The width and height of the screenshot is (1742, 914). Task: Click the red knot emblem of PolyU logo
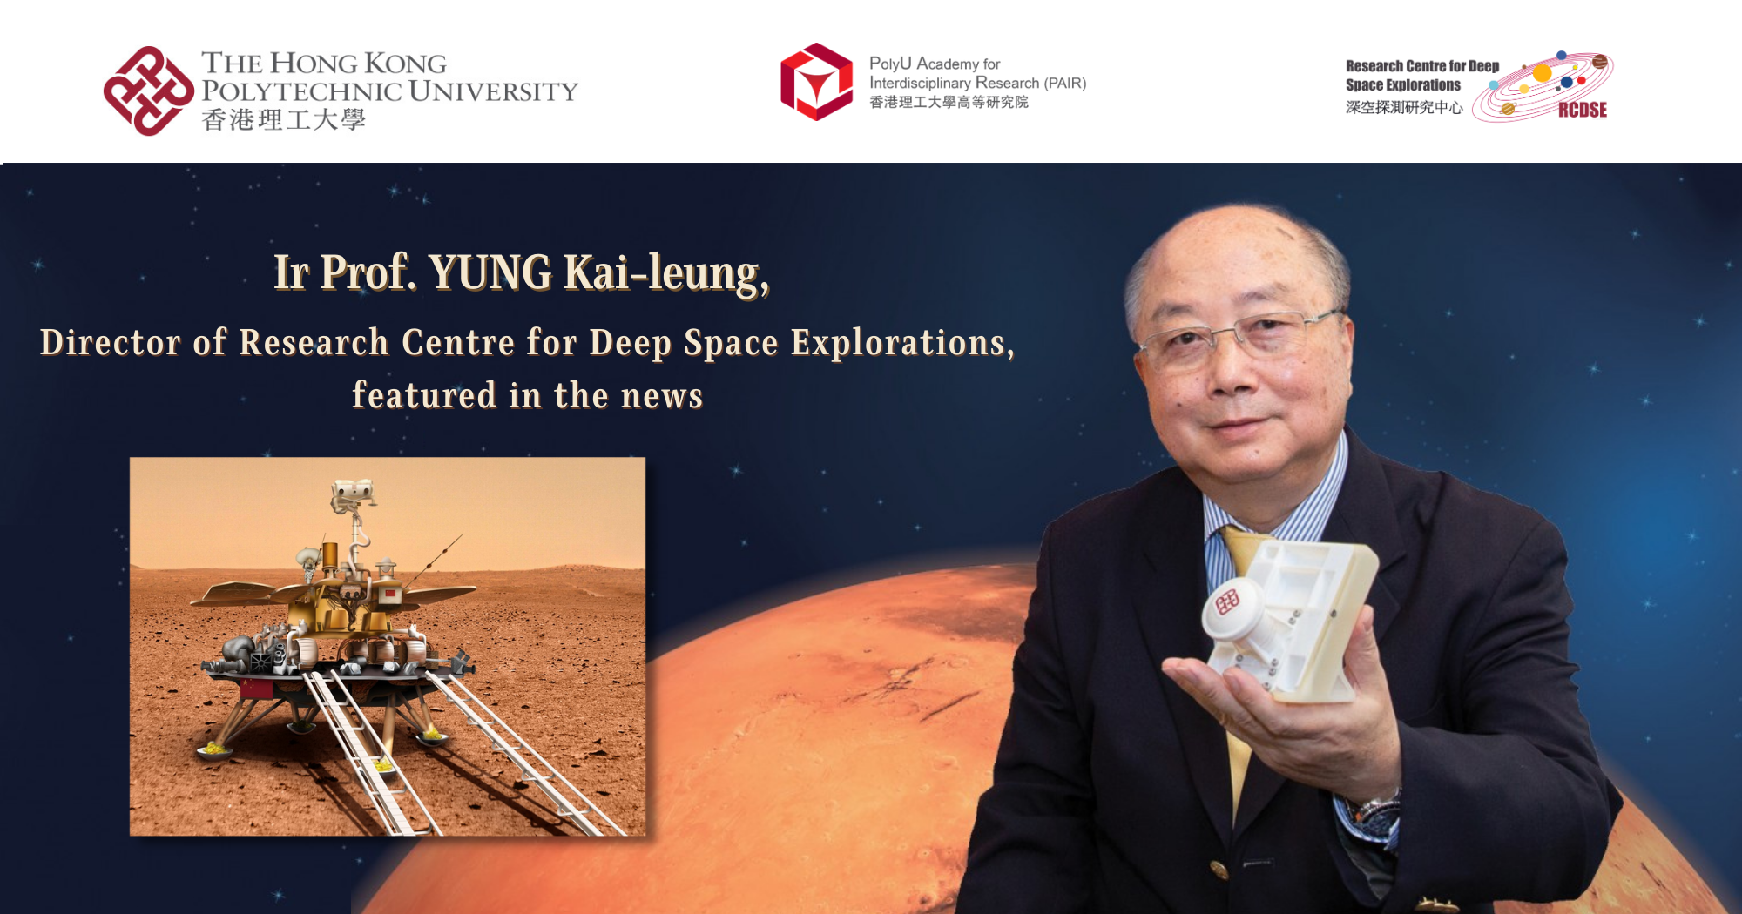148,91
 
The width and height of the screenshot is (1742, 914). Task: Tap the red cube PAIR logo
816,82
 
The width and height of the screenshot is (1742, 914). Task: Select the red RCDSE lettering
1582,110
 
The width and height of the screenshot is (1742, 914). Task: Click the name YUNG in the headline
490,272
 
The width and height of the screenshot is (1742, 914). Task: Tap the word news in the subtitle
662,396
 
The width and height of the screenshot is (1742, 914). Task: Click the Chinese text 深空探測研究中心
1403,108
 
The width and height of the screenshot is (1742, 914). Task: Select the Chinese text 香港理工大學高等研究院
949,103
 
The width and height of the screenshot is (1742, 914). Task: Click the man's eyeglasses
1237,335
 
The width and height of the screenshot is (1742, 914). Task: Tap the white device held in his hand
1289,618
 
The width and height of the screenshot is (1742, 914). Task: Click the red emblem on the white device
1227,601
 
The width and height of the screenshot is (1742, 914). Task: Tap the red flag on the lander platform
255,689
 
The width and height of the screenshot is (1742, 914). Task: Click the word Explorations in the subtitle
902,343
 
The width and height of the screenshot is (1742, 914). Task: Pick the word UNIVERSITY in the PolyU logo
493,91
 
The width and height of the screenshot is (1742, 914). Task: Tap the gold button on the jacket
1219,868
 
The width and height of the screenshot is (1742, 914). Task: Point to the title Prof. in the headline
368,272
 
